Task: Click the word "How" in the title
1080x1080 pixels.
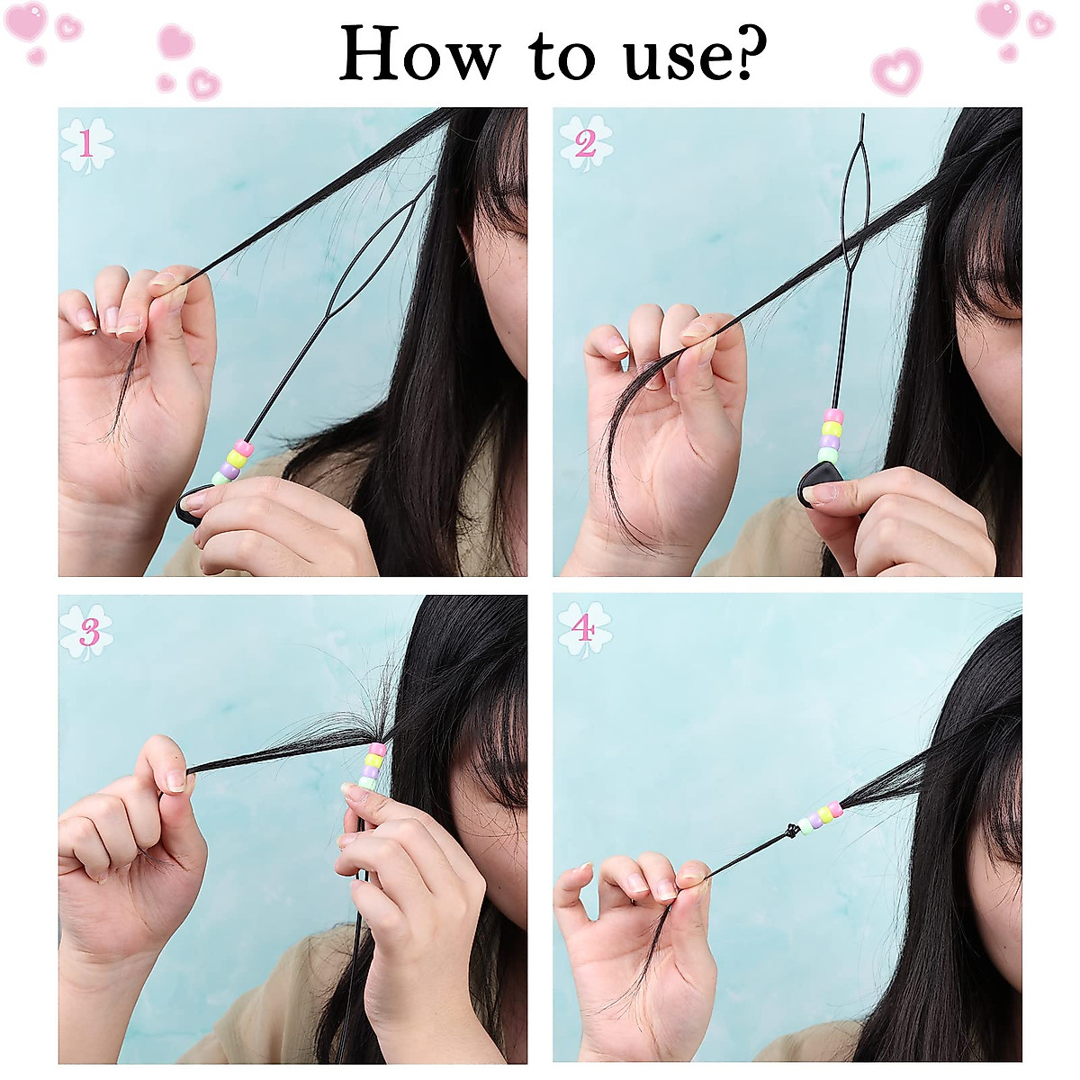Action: click(x=418, y=54)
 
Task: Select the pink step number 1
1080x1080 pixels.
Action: click(x=86, y=144)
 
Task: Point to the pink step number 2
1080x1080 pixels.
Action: click(x=585, y=144)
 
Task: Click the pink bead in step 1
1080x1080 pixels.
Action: click(x=244, y=447)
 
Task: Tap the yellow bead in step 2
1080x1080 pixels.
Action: click(x=832, y=429)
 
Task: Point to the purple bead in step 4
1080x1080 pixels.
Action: click(x=814, y=820)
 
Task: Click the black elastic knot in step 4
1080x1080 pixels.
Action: click(x=791, y=830)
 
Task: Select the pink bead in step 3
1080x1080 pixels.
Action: click(x=377, y=749)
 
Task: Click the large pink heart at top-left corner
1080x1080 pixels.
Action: click(x=24, y=21)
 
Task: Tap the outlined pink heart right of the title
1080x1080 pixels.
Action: click(x=895, y=72)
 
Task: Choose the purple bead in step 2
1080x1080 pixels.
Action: click(x=830, y=442)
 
